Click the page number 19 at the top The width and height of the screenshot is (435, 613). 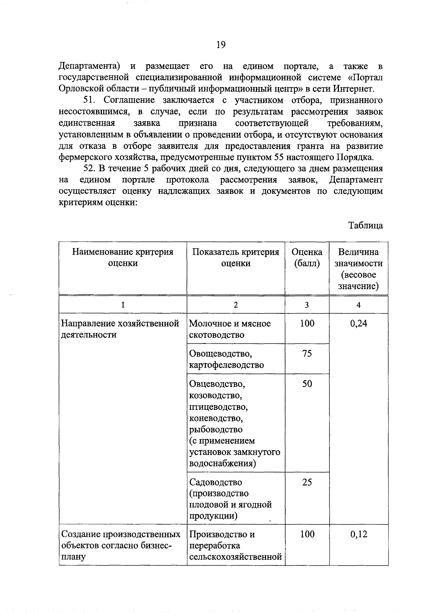[221, 45]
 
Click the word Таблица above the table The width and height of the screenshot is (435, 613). [365, 225]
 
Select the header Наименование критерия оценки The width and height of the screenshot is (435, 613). [123, 257]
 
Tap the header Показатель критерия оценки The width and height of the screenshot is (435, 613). [236, 257]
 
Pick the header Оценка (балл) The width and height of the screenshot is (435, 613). [307, 257]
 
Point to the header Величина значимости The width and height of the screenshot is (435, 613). [358, 268]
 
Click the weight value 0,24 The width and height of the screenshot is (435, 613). [358, 323]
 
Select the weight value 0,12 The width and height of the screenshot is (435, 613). [358, 534]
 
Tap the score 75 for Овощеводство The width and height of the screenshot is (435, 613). [307, 353]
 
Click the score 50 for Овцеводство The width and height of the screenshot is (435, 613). [307, 383]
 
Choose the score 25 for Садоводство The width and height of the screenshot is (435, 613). [307, 482]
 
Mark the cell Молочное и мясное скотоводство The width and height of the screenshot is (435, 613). [230, 329]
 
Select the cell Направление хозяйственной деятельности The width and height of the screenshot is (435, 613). [120, 329]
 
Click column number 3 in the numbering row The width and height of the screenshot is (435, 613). [307, 305]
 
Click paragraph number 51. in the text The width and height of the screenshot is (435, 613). [90, 100]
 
